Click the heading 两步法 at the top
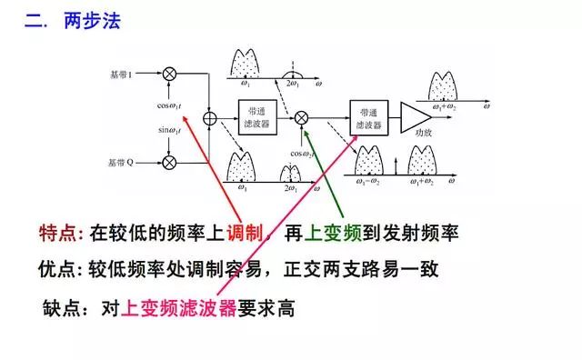[x=92, y=21]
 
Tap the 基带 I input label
[x=121, y=72]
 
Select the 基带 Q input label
[x=121, y=163]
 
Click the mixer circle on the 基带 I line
[x=169, y=72]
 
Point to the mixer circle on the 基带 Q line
[x=169, y=163]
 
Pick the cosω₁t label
[x=169, y=105]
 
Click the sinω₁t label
[x=169, y=130]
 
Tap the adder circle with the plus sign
[x=209, y=117]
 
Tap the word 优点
[x=59, y=270]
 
